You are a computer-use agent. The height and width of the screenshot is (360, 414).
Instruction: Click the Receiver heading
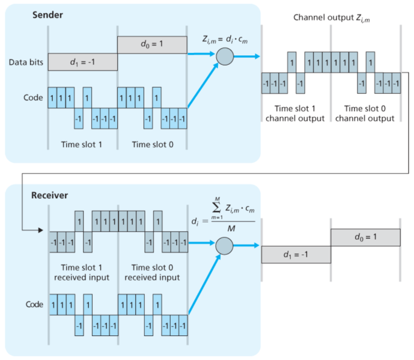click(50, 195)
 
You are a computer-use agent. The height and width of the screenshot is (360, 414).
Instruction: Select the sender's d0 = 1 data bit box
click(151, 44)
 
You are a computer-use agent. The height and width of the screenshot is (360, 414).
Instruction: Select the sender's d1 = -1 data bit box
click(82, 61)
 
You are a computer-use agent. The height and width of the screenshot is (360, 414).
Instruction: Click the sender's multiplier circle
click(224, 56)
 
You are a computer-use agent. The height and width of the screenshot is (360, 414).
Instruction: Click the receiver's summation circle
click(224, 245)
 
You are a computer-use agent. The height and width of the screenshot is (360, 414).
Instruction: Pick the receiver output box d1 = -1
click(296, 254)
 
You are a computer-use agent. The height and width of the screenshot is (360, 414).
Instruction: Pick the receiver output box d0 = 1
click(365, 237)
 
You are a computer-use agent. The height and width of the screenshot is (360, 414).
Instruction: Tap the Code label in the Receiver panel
click(34, 305)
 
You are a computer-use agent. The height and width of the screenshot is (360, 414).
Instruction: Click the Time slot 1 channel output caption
click(296, 113)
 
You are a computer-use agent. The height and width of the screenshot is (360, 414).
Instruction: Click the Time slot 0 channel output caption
click(365, 113)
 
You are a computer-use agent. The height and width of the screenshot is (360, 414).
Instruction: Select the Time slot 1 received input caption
click(82, 272)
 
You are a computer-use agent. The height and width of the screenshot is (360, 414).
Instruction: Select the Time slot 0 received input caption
click(151, 272)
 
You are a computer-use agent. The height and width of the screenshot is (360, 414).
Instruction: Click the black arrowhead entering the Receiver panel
click(40, 230)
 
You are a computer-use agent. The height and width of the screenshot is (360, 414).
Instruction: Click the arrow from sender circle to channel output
click(246, 56)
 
